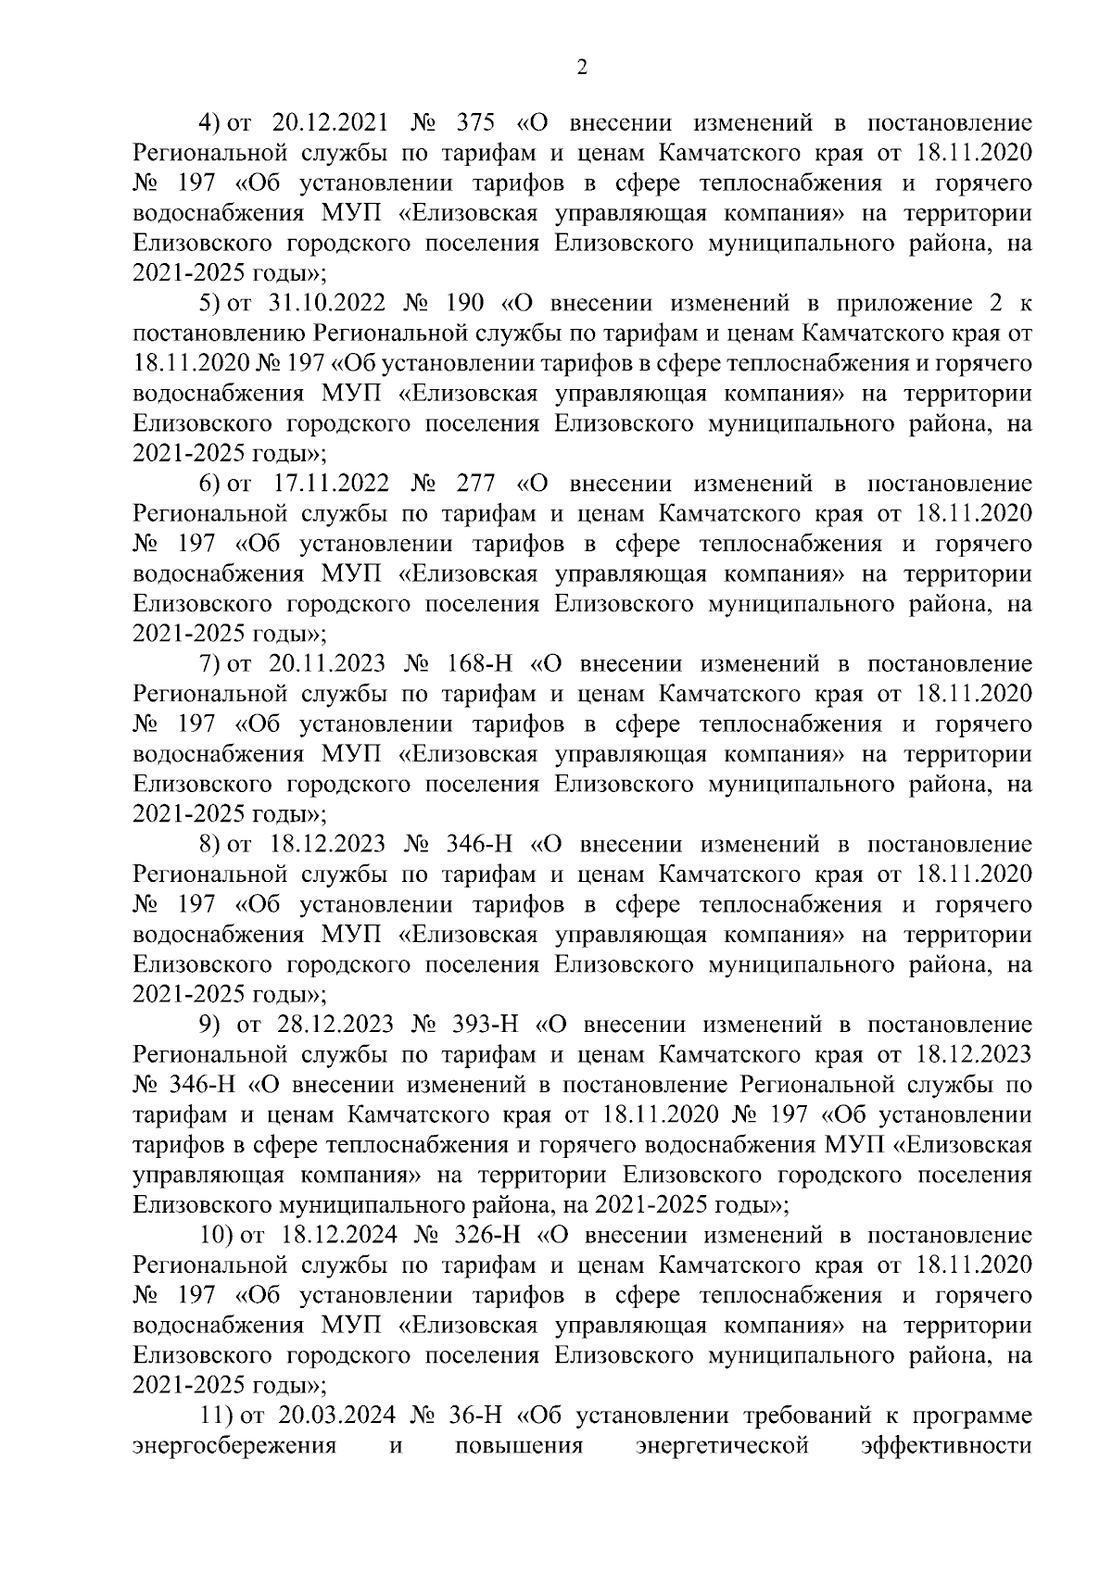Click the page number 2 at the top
click(582, 67)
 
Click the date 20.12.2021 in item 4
click(322, 123)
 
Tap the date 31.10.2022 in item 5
click(322, 303)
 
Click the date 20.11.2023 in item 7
click(322, 663)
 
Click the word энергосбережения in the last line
click(234, 1445)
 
